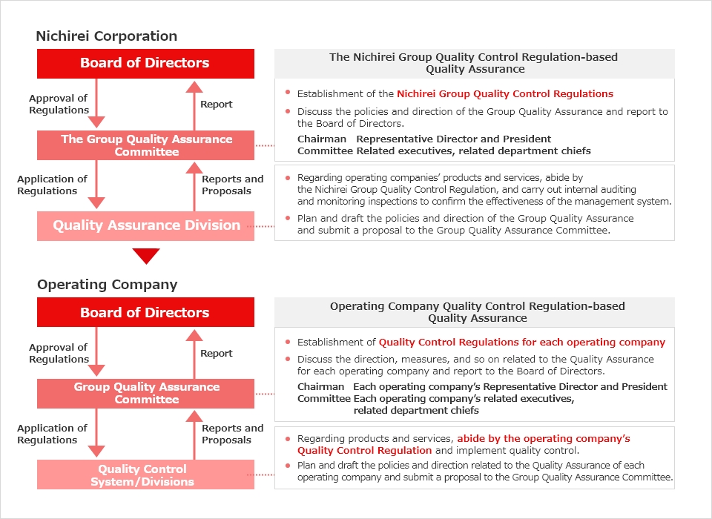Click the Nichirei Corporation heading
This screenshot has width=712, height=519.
(x=107, y=36)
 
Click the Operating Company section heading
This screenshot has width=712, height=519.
(x=107, y=285)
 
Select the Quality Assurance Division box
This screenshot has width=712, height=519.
(x=146, y=225)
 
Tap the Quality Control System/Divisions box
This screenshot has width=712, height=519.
(x=146, y=475)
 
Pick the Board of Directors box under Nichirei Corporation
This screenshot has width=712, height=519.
(x=146, y=64)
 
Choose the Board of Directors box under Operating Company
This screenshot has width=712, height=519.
(x=146, y=312)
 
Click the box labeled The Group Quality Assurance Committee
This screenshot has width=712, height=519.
(x=146, y=145)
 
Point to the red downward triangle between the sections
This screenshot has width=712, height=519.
(x=146, y=256)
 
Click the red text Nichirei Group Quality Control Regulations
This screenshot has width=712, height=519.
(x=505, y=94)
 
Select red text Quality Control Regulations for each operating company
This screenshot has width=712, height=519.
(x=521, y=343)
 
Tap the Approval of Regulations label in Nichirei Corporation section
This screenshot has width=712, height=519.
(x=59, y=104)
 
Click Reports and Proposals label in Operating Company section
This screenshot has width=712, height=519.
(x=232, y=434)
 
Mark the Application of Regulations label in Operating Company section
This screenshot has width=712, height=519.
(x=52, y=434)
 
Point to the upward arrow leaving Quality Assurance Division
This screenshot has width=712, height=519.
(x=194, y=187)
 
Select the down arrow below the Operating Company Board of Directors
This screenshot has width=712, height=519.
(x=96, y=352)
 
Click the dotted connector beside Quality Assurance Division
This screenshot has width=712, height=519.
(x=264, y=226)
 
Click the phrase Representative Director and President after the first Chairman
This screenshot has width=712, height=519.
(x=454, y=139)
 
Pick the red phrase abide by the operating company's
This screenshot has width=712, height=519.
(x=544, y=439)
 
